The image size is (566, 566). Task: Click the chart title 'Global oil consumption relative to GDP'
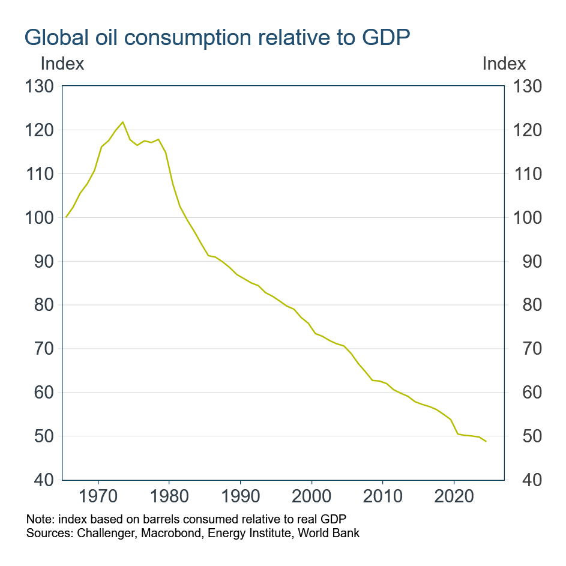tap(217, 38)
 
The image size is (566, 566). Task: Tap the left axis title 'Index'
tap(62, 64)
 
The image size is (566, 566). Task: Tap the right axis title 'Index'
tap(504, 64)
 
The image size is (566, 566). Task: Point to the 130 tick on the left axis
tap(41, 87)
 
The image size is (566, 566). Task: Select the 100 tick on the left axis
tap(41, 218)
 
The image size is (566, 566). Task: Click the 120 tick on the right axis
tap(525, 131)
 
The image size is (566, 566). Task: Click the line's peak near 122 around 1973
tap(122, 122)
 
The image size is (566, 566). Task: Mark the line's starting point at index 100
tap(66, 217)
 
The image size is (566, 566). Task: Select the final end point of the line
tap(486, 442)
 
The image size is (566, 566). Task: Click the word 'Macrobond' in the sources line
tap(180, 532)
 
